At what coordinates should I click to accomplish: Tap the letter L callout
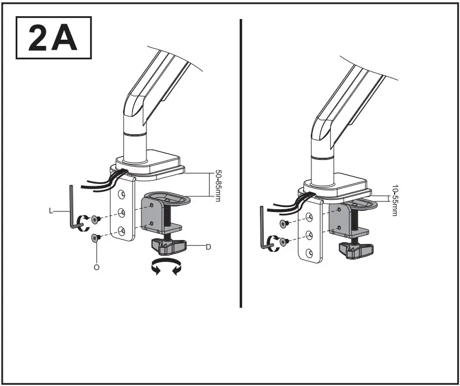tap(51, 211)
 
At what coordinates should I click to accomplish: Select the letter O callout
tap(97, 267)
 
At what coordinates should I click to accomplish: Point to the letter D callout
tap(208, 247)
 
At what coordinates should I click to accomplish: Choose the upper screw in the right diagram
tap(283, 223)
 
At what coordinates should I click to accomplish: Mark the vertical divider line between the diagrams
tap(241, 162)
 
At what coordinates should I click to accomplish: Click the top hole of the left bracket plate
tap(120, 194)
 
